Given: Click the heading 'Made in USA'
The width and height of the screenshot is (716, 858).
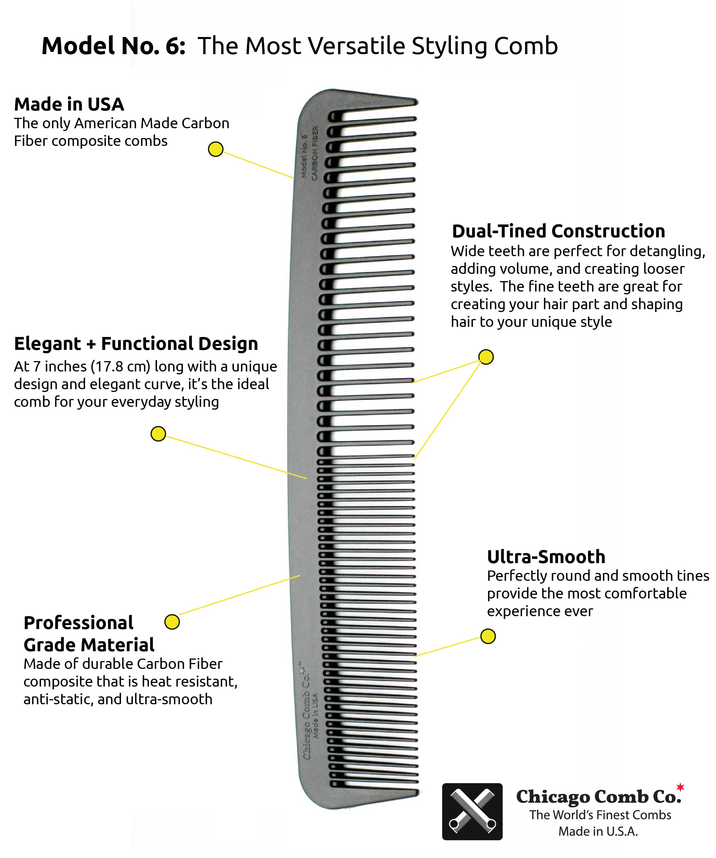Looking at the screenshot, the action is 69,105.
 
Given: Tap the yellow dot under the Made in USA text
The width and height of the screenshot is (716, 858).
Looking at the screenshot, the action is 215,149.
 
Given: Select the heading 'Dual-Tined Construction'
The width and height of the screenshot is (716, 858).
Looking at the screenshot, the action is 558,231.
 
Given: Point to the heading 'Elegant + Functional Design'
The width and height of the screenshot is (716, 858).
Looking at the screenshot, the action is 136,344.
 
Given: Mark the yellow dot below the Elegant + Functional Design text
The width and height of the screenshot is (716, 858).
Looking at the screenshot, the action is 158,433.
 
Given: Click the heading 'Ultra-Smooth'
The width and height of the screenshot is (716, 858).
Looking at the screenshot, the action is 546,557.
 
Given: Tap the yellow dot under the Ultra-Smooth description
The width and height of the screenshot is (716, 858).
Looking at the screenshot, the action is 487,636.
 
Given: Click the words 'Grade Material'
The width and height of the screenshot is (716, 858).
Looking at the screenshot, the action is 89,645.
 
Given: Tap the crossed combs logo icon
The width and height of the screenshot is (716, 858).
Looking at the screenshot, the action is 472,811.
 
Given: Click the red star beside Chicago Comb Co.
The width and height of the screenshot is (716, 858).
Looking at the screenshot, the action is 680,786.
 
